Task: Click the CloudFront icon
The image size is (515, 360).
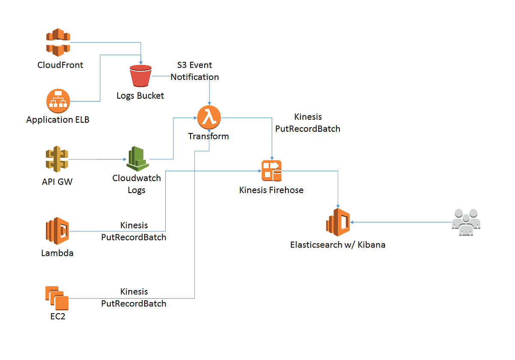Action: (58, 42)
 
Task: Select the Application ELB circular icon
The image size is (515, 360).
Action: (58, 101)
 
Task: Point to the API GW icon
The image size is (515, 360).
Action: (57, 160)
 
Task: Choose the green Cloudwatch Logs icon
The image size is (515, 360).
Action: (137, 159)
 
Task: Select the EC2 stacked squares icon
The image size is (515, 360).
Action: (57, 298)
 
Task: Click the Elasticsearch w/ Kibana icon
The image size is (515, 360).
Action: (338, 222)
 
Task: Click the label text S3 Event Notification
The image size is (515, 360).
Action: (195, 71)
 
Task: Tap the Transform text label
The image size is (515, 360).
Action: (209, 136)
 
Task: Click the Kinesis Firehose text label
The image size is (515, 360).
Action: (271, 190)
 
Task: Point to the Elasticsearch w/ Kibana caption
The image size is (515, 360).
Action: (338, 245)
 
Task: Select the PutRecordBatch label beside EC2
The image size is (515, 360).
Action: (133, 303)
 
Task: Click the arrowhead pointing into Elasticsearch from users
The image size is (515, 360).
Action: (353, 222)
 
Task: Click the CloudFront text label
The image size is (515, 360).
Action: (61, 65)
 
